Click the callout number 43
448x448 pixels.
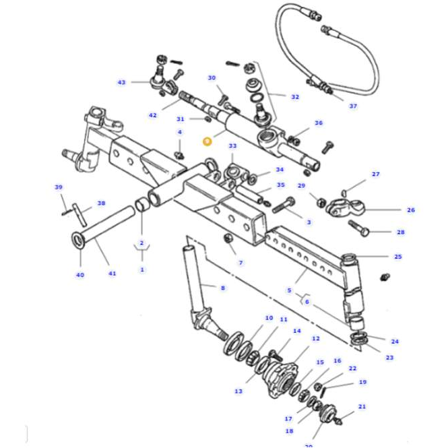121,82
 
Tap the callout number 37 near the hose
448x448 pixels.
353,106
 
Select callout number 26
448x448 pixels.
410,210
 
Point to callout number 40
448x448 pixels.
79,274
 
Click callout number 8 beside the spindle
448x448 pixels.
222,288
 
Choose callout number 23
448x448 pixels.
389,357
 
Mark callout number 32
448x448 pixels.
294,97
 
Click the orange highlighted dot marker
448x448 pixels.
207,141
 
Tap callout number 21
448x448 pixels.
362,407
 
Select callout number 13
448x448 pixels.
238,391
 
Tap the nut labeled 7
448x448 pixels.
228,239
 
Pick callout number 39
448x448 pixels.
59,187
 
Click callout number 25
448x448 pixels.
397,257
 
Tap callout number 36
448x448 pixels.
318,123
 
